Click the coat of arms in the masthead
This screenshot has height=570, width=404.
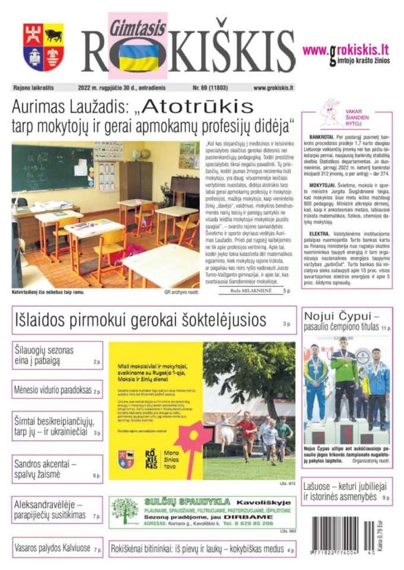(x=43, y=47)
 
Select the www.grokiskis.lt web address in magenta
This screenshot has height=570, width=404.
(x=346, y=50)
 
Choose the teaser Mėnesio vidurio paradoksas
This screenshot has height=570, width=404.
(x=52, y=391)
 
